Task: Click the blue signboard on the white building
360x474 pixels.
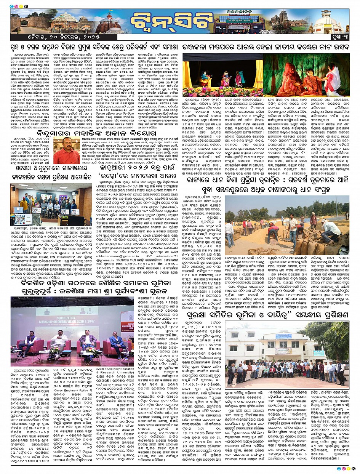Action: [283, 351]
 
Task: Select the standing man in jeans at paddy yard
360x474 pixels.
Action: [292, 227]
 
